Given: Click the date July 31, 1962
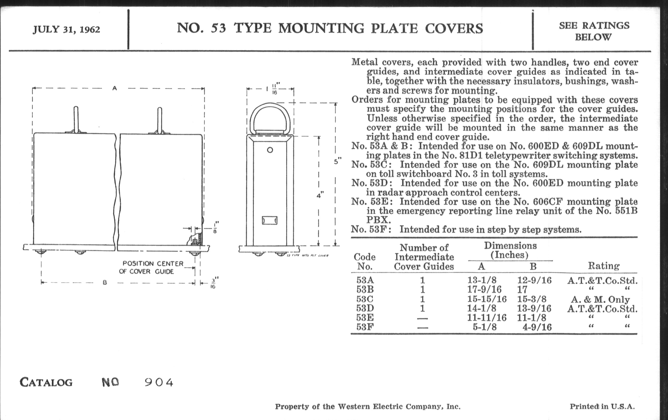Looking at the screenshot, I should coord(66,29).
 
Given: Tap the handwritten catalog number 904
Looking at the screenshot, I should coord(159,383).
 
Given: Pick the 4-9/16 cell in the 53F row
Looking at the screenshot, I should coord(537,327).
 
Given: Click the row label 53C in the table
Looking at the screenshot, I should coord(365,299).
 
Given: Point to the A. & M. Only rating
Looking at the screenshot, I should coord(600,299).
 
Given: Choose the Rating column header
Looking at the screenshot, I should coord(604,266).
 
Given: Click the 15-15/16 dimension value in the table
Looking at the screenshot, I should coord(487,299).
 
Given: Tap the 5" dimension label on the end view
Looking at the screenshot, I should coord(338,161).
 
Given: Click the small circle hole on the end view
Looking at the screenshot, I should coord(270,150).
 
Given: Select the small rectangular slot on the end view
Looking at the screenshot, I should coord(270,221).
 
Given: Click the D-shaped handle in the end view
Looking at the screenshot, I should coord(270,118).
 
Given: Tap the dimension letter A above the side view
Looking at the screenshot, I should coord(115,88).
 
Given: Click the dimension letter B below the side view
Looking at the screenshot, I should coord(105,283).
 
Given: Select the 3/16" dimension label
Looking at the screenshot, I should coord(213,282).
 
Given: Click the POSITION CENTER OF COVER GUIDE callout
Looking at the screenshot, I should coord(151,267).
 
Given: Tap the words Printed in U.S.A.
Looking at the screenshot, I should coord(602,407).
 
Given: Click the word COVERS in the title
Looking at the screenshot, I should coord(454,29).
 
